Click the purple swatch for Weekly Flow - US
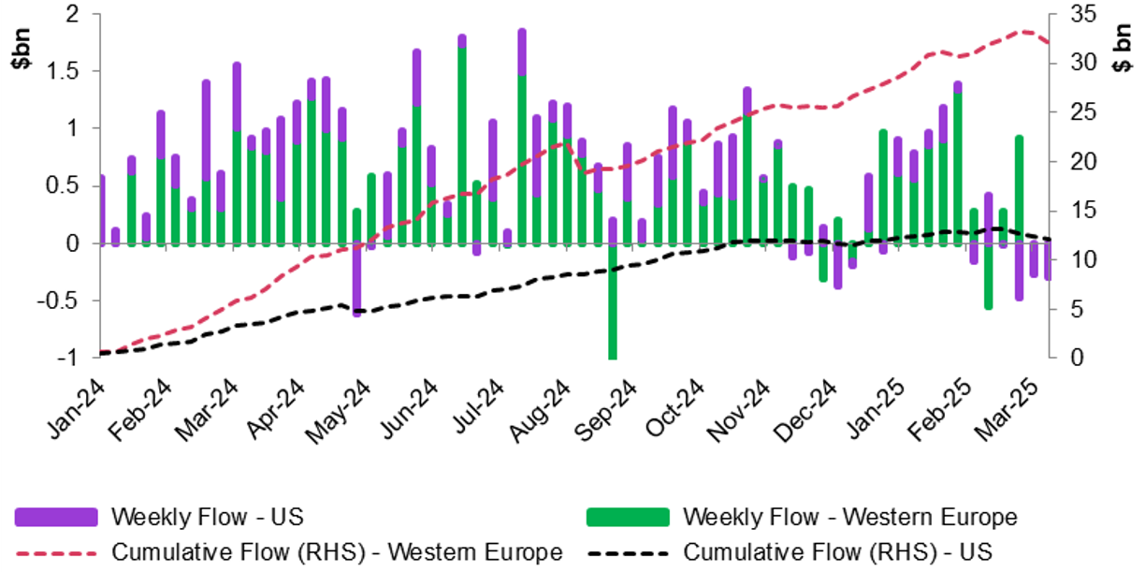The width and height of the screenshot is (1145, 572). point(56,517)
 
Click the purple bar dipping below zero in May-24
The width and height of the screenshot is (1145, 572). point(356,281)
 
